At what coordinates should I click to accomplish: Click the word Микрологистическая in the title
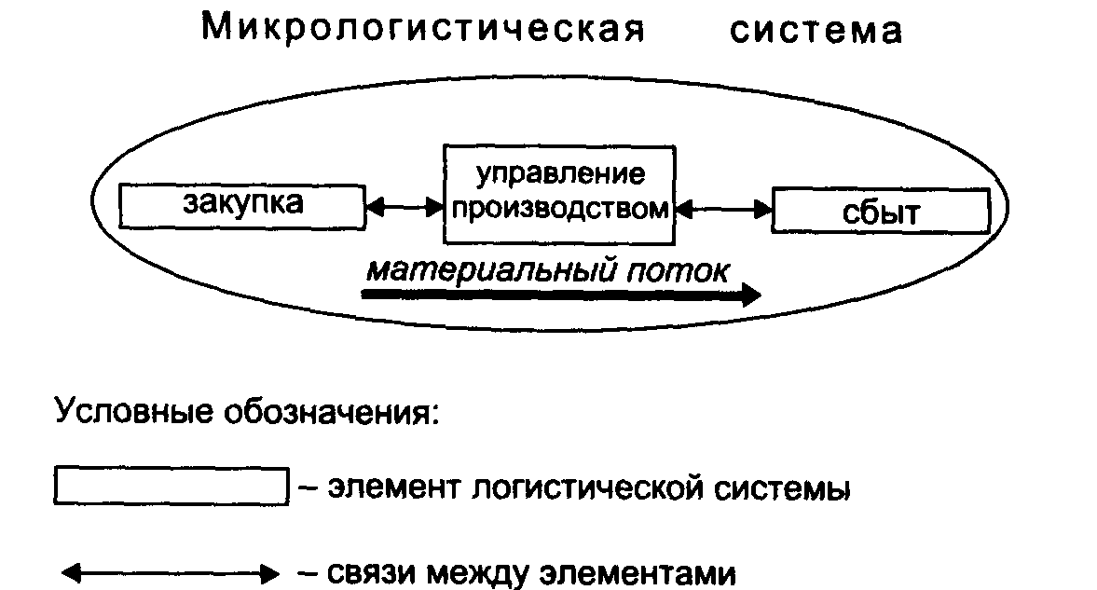422,29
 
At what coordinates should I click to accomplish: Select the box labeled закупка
242,207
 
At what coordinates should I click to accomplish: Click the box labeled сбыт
881,210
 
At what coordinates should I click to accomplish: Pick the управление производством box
559,195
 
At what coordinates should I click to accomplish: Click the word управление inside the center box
560,174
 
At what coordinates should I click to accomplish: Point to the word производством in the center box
560,210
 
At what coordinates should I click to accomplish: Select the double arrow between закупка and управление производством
405,207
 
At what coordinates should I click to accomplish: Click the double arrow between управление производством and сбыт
723,209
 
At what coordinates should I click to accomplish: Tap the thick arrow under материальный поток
561,295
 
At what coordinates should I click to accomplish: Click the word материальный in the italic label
492,270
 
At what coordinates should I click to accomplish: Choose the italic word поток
678,271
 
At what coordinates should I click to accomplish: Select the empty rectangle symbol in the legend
171,486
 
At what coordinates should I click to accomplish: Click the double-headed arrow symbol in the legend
171,574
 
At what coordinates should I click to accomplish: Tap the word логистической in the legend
587,487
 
